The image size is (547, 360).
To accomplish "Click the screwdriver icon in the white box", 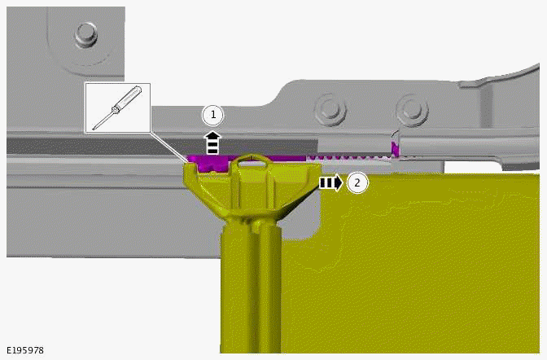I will [116, 108].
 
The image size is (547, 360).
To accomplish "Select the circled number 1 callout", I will [212, 116].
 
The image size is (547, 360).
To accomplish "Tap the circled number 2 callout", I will [357, 182].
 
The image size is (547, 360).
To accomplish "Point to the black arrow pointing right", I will [330, 182].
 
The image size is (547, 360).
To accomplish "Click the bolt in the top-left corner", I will [85, 34].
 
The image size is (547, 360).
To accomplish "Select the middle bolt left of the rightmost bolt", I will [328, 108].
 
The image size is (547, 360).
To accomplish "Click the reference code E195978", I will [25, 350].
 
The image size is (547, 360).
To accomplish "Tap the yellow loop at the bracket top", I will [252, 160].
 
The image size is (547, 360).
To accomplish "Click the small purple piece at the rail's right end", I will [394, 147].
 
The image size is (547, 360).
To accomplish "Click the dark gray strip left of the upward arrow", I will [98, 145].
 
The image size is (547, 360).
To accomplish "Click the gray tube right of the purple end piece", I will [464, 147].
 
